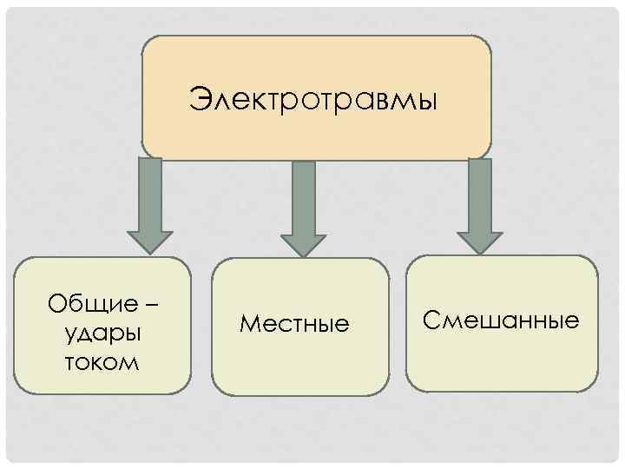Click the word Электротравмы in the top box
click(315, 99)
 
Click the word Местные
click(294, 325)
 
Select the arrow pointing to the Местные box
click(303, 208)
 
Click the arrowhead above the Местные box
click(303, 245)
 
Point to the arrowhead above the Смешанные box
click(479, 242)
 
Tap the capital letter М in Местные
click(249, 325)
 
